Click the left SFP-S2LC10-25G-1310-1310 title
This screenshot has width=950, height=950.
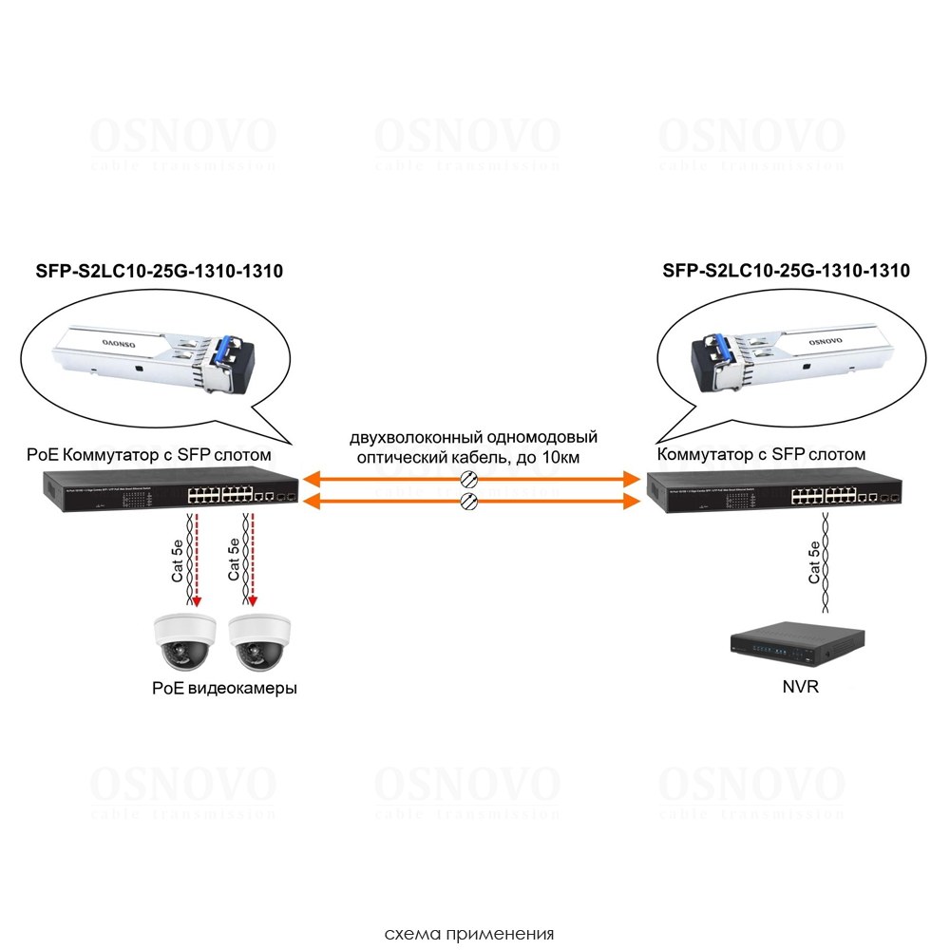(x=152, y=271)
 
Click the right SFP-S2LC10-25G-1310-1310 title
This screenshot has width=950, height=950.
(x=786, y=271)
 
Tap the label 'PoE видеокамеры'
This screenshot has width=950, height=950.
(x=224, y=688)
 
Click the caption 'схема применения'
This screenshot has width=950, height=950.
(x=469, y=933)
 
